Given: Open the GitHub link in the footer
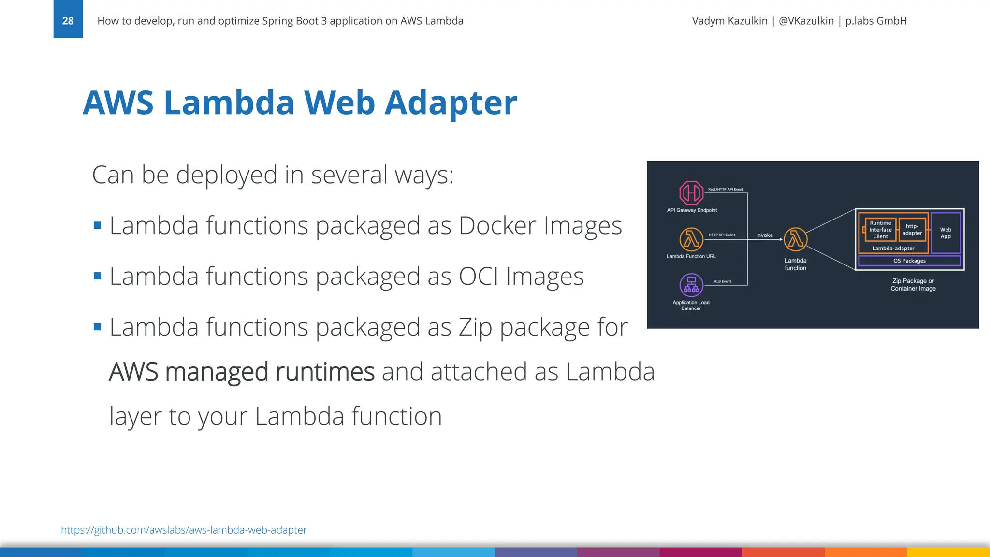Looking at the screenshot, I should (x=184, y=530).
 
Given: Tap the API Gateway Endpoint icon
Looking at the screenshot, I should (x=691, y=193).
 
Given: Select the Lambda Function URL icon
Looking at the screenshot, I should (x=691, y=239).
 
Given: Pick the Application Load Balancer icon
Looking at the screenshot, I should (x=691, y=285).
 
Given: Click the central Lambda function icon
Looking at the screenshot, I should (x=795, y=239).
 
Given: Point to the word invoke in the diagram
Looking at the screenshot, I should (x=764, y=235).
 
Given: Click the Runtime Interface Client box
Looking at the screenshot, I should (x=880, y=230).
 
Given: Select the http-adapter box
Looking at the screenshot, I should (x=912, y=230).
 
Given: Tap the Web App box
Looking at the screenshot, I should (x=946, y=233).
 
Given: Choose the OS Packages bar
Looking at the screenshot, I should (x=909, y=261).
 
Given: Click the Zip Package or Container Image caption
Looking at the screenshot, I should (x=913, y=285).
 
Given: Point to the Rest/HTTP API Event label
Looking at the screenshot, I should (x=726, y=190).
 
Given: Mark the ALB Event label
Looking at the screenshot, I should (x=722, y=281).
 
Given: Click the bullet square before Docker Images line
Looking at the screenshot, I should (x=98, y=225).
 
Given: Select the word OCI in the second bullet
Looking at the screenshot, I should (x=478, y=277).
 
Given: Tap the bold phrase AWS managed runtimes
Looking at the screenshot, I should (x=242, y=372).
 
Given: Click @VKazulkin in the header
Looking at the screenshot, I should (x=806, y=21).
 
